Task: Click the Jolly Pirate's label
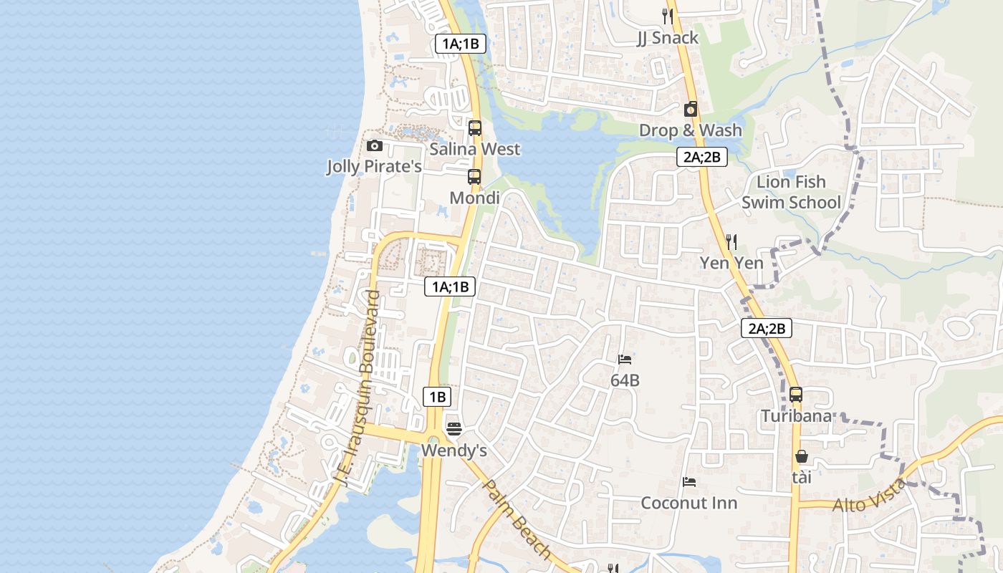(374, 167)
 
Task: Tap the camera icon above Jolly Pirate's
(374, 146)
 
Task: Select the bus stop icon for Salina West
(474, 128)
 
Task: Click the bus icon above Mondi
(474, 177)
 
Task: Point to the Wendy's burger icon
(453, 429)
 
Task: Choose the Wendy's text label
(454, 451)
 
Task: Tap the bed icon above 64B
(625, 360)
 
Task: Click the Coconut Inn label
(688, 503)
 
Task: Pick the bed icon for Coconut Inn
(689, 482)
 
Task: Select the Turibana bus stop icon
(796, 395)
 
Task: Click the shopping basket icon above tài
(802, 456)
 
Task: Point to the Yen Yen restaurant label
(731, 263)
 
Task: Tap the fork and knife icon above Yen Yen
(731, 242)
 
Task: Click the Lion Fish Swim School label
(791, 192)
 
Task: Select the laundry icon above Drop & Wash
(691, 109)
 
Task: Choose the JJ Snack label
(667, 38)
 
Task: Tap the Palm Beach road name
(517, 519)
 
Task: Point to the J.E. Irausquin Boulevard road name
(360, 387)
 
